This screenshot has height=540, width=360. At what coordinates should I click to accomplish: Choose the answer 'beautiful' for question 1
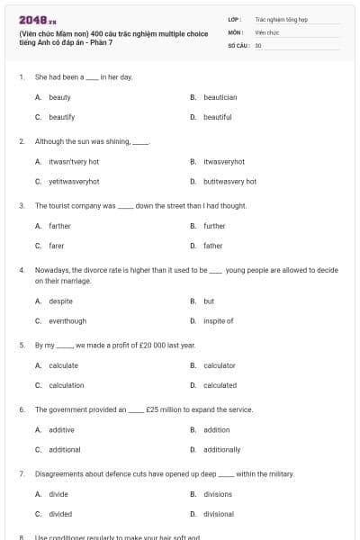[217, 117]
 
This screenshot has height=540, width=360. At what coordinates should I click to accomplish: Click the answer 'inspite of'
[218, 320]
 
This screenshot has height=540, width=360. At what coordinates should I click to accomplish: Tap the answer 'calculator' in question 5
[220, 365]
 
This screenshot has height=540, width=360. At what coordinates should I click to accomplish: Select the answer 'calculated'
[220, 385]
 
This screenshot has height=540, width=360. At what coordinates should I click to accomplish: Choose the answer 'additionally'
[221, 449]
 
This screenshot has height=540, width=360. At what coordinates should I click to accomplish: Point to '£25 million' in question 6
[164, 409]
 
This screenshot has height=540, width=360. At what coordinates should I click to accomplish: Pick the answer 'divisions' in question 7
[218, 494]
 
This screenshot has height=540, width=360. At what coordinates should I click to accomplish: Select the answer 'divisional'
[219, 514]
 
